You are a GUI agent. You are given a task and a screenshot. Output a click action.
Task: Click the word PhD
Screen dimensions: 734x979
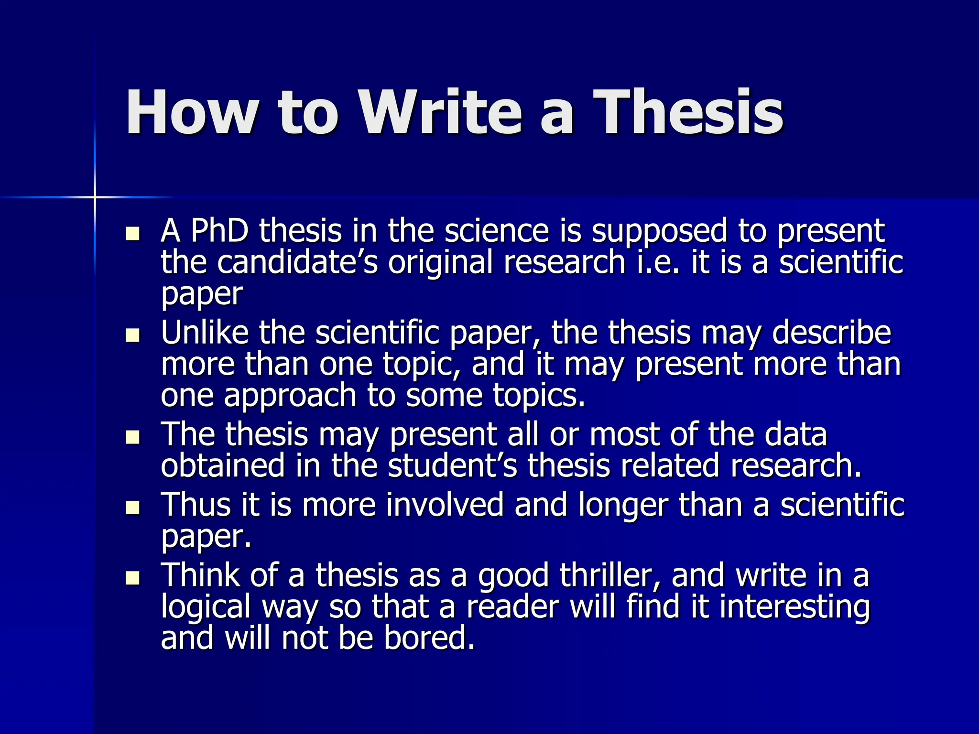219,231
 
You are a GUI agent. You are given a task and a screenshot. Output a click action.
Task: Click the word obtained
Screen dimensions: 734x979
223,465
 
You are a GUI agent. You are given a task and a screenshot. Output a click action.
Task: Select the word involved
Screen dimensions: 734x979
445,505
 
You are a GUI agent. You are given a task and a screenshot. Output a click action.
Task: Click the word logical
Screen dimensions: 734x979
207,608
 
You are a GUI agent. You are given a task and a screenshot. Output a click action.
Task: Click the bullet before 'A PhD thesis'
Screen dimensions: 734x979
132,234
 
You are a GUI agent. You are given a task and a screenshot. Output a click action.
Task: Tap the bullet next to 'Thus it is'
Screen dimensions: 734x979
132,507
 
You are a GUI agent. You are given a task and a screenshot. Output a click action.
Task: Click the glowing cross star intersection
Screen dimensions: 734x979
95,197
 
